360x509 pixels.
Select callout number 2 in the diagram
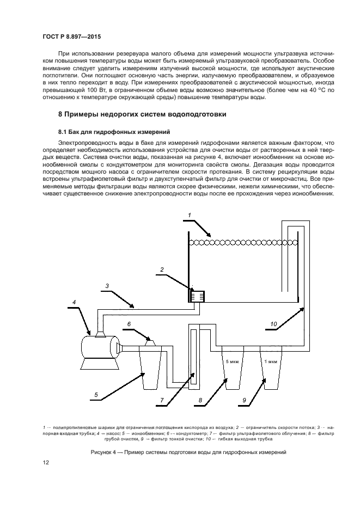tap(162, 269)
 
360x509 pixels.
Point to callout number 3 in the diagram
tap(107, 285)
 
